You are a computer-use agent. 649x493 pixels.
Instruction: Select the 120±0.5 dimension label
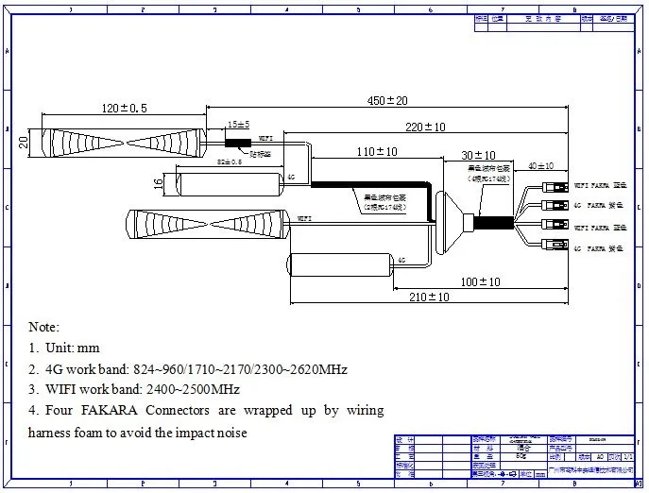123,109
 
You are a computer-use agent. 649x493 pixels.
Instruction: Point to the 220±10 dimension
426,126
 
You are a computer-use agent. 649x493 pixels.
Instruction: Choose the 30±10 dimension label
479,155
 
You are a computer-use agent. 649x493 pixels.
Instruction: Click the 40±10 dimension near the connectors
541,166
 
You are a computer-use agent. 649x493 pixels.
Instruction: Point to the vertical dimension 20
24,142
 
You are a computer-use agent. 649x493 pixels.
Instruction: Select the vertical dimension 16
159,181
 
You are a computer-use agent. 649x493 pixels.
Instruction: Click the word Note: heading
43,327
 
